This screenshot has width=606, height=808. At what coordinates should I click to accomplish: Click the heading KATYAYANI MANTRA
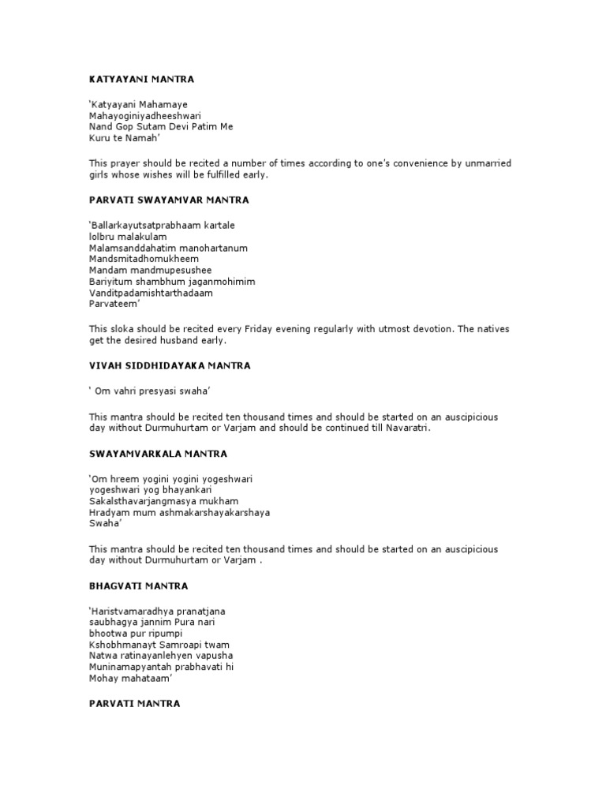click(x=141, y=80)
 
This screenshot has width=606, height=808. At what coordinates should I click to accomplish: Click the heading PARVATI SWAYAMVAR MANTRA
click(x=169, y=200)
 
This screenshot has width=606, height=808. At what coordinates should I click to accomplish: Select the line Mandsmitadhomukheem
click(x=144, y=259)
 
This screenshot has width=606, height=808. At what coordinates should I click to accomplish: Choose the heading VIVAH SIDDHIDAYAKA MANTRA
click(x=170, y=366)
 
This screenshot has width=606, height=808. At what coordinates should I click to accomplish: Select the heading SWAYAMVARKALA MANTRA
click(x=158, y=454)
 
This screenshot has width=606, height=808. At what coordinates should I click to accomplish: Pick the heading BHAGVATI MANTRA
click(x=138, y=586)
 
